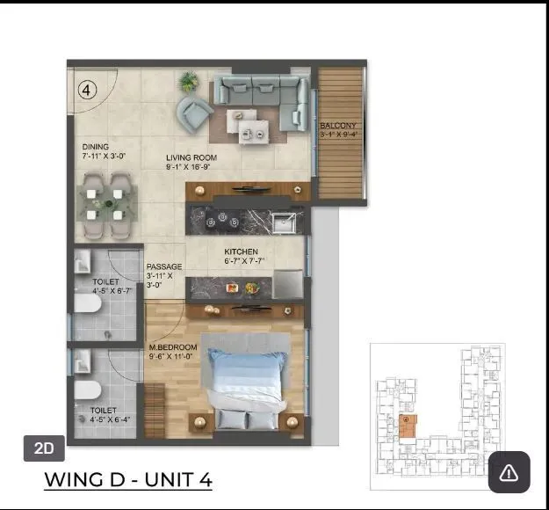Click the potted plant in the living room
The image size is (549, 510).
[188, 82]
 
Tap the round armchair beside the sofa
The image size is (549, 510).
[193, 112]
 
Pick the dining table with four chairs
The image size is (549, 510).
[105, 200]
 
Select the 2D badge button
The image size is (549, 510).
[44, 448]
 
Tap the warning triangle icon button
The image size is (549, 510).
[509, 472]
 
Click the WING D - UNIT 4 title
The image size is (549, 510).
[128, 480]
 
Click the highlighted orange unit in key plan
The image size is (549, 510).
[408, 424]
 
